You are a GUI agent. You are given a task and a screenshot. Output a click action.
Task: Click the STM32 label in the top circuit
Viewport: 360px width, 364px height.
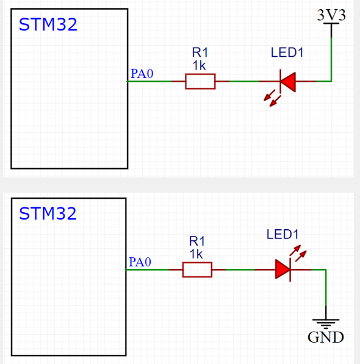48,25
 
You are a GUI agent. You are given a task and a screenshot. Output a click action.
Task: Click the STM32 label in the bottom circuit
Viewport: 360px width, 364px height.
48,214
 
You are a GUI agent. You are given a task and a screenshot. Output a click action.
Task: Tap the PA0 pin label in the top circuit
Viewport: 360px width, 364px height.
142,74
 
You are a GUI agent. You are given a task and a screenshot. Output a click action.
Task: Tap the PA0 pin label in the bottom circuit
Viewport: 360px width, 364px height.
140,262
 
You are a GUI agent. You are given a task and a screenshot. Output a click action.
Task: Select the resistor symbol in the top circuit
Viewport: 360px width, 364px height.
201,81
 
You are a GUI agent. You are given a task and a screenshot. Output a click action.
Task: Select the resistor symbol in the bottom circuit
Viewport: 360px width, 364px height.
197,269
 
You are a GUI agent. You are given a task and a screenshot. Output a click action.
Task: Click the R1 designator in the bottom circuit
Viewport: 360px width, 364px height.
196,242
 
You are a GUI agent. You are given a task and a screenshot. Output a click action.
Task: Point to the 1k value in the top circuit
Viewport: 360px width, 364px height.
199,65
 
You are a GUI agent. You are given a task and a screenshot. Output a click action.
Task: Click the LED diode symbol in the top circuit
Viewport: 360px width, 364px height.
287,81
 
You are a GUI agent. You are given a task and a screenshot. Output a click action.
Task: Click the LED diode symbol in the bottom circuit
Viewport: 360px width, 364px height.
283,269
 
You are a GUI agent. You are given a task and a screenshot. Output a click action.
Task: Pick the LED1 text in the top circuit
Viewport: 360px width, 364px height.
287,53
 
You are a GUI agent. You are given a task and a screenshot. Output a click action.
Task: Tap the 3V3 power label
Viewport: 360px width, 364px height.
331,15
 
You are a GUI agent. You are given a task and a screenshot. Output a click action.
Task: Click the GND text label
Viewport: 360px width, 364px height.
325,338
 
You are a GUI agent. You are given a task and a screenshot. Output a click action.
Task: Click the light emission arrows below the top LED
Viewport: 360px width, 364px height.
270,98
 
